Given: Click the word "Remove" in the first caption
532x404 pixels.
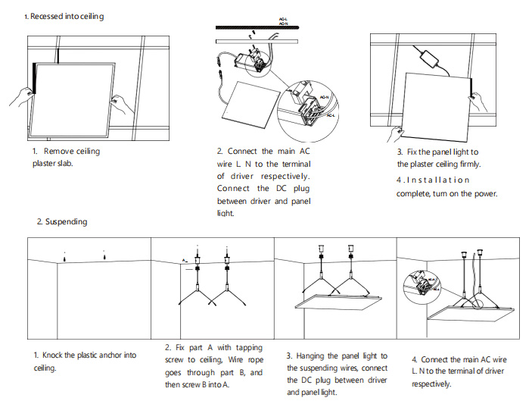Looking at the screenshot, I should pyautogui.click(x=59, y=152).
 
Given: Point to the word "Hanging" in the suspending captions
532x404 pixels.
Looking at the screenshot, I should pyautogui.click(x=316, y=355).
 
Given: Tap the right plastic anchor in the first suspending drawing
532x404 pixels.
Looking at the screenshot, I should pyautogui.click(x=104, y=255).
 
